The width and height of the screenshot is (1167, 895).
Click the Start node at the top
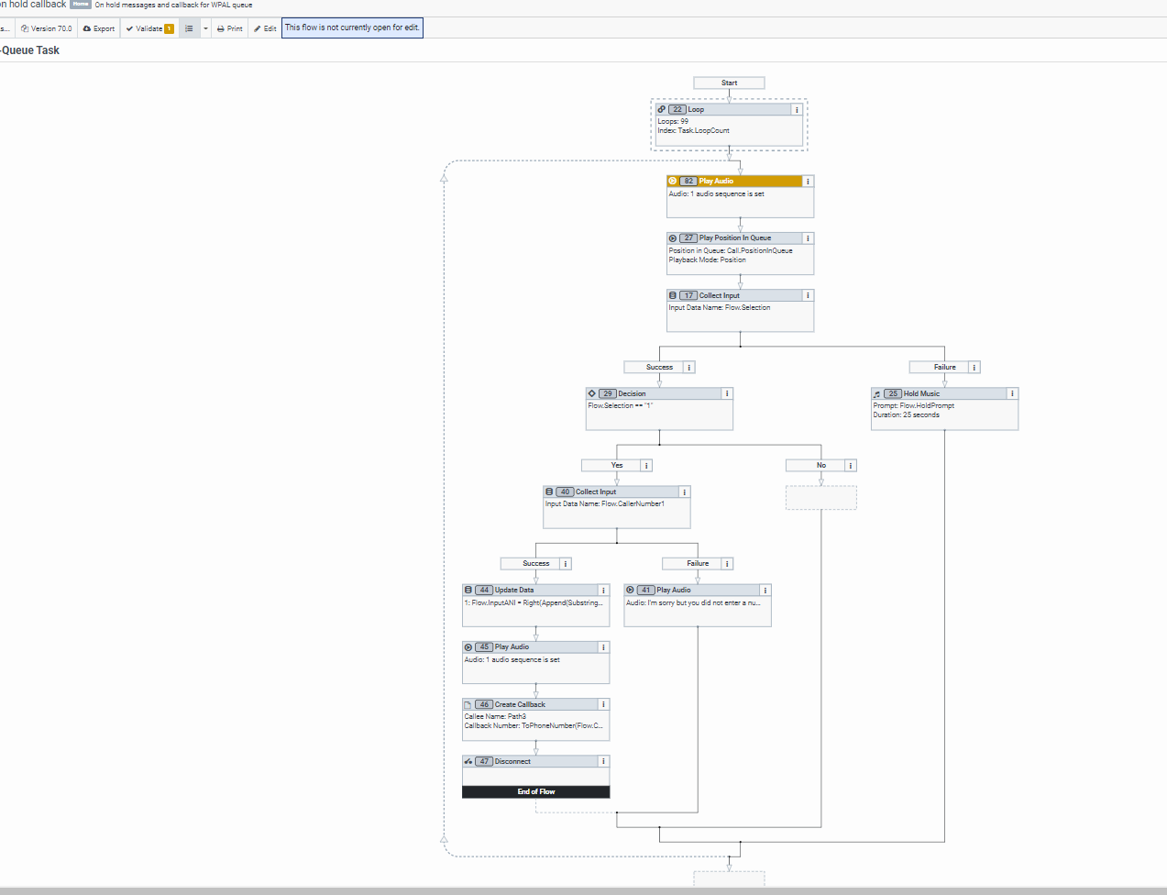pos(729,83)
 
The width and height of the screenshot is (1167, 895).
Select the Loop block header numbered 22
pos(724,109)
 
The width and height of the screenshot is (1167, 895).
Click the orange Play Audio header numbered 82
pos(733,181)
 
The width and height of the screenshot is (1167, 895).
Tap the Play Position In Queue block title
pos(734,238)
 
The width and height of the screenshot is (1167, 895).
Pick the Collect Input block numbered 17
pos(733,295)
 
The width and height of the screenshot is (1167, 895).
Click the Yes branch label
pos(616,465)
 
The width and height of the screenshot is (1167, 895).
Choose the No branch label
pos(820,465)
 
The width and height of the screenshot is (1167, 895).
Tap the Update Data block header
pos(532,590)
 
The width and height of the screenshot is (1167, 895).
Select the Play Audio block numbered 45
pos(532,646)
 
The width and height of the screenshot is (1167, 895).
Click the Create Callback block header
pos(532,704)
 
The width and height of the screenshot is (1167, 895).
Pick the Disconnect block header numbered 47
pos(532,761)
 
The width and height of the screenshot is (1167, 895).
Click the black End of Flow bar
pos(535,791)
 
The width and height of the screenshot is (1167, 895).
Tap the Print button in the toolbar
pos(230,28)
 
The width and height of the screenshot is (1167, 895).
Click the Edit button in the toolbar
pos(265,28)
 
